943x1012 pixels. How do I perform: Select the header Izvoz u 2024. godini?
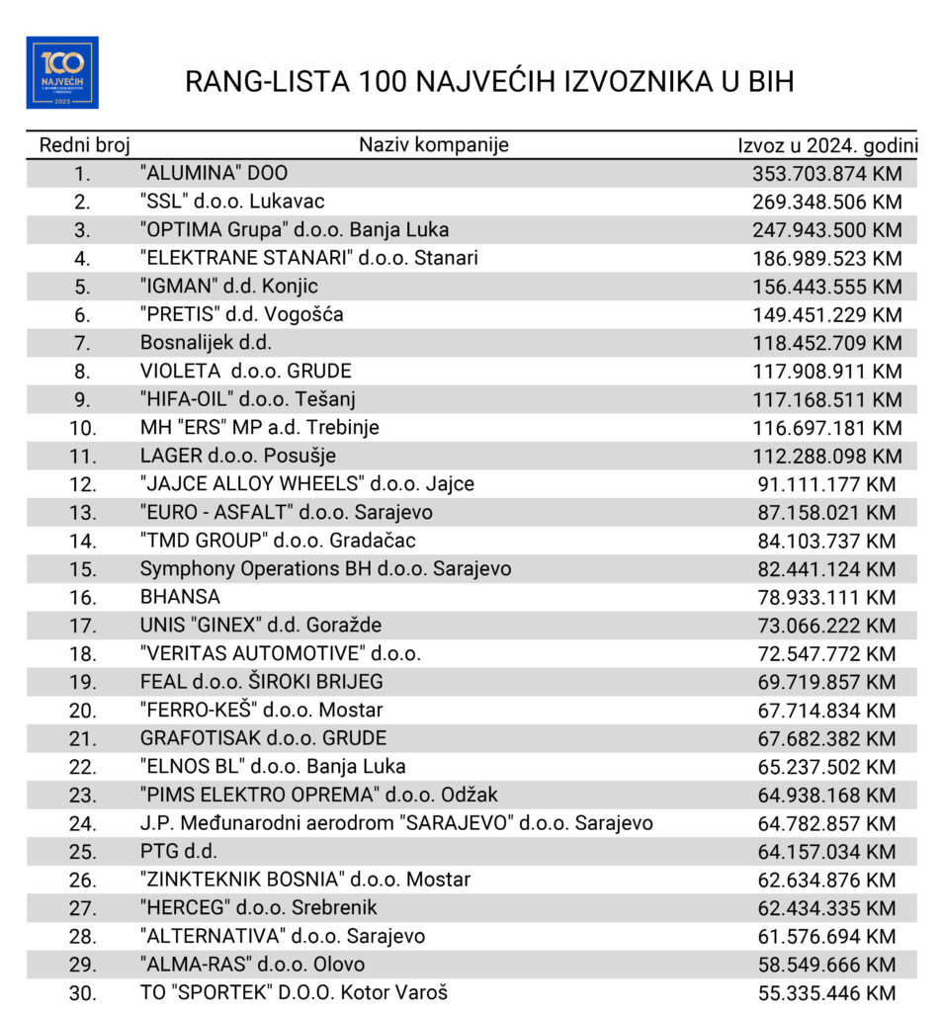[x=827, y=145]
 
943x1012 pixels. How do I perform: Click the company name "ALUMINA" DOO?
[x=214, y=174]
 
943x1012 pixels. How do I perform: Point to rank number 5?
[x=82, y=287]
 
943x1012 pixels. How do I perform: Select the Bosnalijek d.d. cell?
[x=206, y=343]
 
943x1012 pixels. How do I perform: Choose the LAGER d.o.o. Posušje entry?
[x=238, y=457]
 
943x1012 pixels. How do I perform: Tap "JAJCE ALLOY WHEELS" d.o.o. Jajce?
[x=307, y=484]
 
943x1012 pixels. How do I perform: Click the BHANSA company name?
[x=180, y=597]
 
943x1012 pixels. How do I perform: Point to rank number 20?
[x=82, y=711]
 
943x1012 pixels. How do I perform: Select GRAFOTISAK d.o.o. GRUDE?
[x=263, y=738]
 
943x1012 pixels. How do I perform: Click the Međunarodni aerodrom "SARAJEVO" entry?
[x=396, y=823]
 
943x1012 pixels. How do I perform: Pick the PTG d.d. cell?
[x=178, y=851]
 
